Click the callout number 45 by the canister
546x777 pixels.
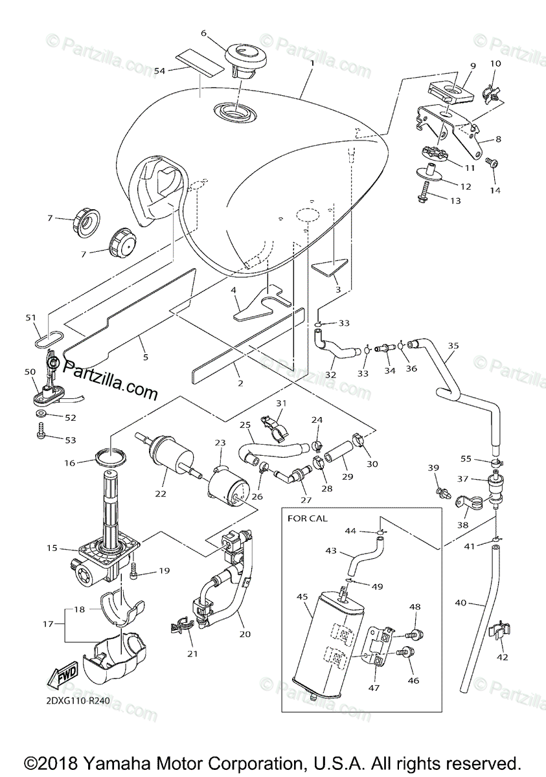point(302,596)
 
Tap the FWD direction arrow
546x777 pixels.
point(62,677)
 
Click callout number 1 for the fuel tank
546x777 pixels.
point(312,63)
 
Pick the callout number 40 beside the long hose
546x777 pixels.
point(461,603)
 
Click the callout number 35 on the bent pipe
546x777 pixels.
point(453,346)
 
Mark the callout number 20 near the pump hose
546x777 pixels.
point(244,635)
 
